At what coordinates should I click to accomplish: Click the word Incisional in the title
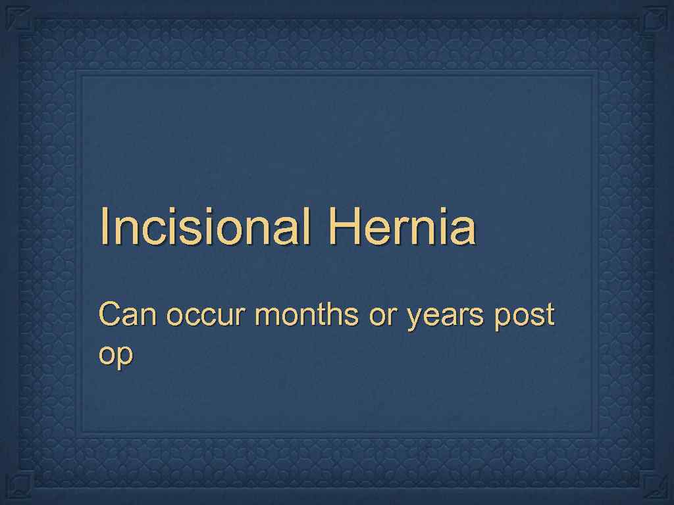click(x=205, y=227)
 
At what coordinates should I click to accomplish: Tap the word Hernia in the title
click(x=402, y=227)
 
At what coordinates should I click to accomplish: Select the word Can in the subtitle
click(x=128, y=316)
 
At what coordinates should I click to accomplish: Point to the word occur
click(x=207, y=318)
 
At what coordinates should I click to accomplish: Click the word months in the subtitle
click(x=307, y=316)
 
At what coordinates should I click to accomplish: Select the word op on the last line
click(x=115, y=356)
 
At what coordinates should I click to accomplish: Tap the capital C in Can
click(x=109, y=316)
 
